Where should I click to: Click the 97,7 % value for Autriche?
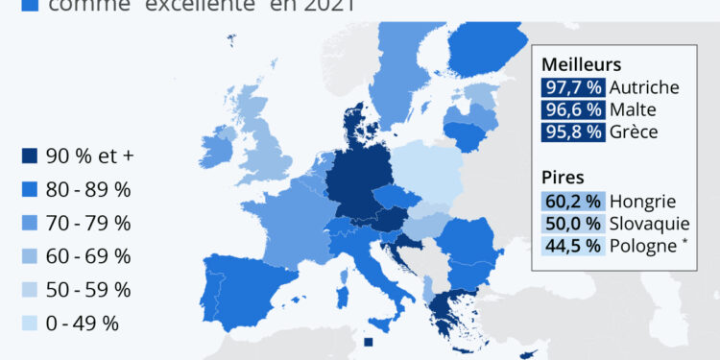pos(572,87)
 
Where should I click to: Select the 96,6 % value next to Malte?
pos(572,109)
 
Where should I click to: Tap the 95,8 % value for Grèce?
pos(572,132)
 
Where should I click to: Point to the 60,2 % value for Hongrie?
pos(572,202)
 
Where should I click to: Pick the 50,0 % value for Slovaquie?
pos(572,224)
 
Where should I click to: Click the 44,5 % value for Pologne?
pos(572,246)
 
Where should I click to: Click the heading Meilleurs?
pos(582,64)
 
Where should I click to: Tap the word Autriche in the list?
pos(644,87)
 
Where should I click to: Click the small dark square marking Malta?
pos(369,343)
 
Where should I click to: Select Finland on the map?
pos(485,48)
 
